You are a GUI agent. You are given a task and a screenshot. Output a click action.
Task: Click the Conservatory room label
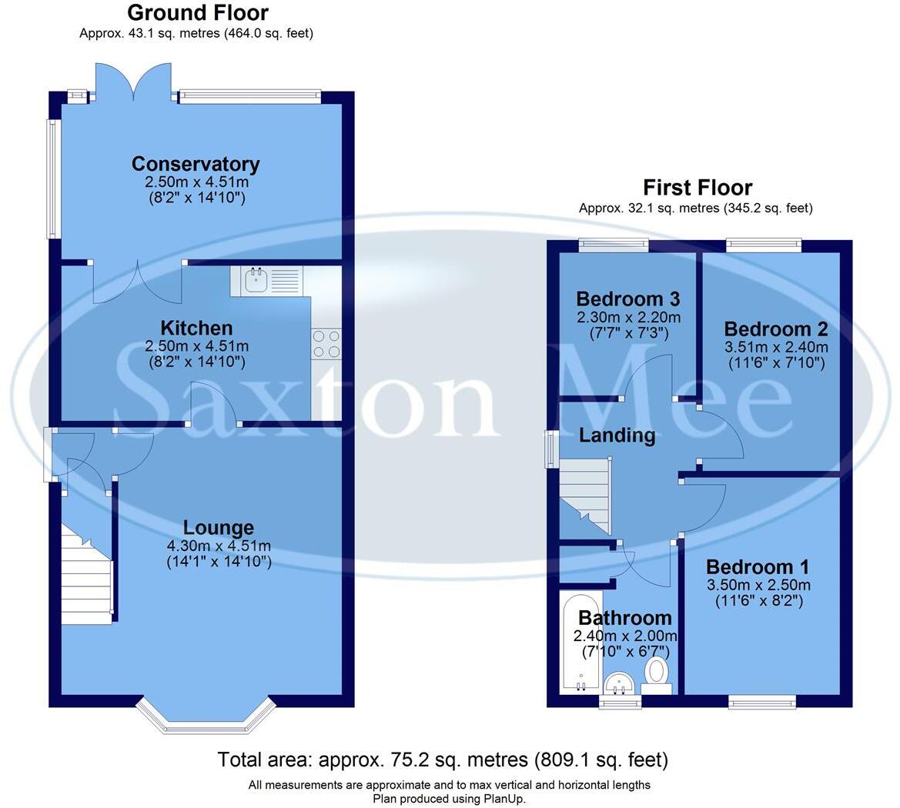click(196, 164)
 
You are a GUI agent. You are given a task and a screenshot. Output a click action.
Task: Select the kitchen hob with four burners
click(326, 342)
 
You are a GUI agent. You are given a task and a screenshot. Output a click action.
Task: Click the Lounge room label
click(219, 528)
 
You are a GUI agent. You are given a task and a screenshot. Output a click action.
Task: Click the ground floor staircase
click(87, 573)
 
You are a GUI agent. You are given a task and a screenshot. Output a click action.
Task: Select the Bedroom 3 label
click(627, 299)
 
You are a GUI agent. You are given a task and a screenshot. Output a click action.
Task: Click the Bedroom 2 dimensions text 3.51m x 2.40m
click(776, 346)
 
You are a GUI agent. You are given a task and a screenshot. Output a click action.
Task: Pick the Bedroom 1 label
click(758, 567)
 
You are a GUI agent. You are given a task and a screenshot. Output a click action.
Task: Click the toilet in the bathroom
click(657, 672)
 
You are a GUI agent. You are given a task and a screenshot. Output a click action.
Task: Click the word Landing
click(617, 436)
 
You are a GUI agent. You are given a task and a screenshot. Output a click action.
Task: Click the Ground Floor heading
click(197, 13)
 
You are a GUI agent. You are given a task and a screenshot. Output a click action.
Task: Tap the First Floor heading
click(697, 187)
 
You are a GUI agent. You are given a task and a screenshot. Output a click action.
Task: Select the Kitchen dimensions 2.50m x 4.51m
click(196, 346)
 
